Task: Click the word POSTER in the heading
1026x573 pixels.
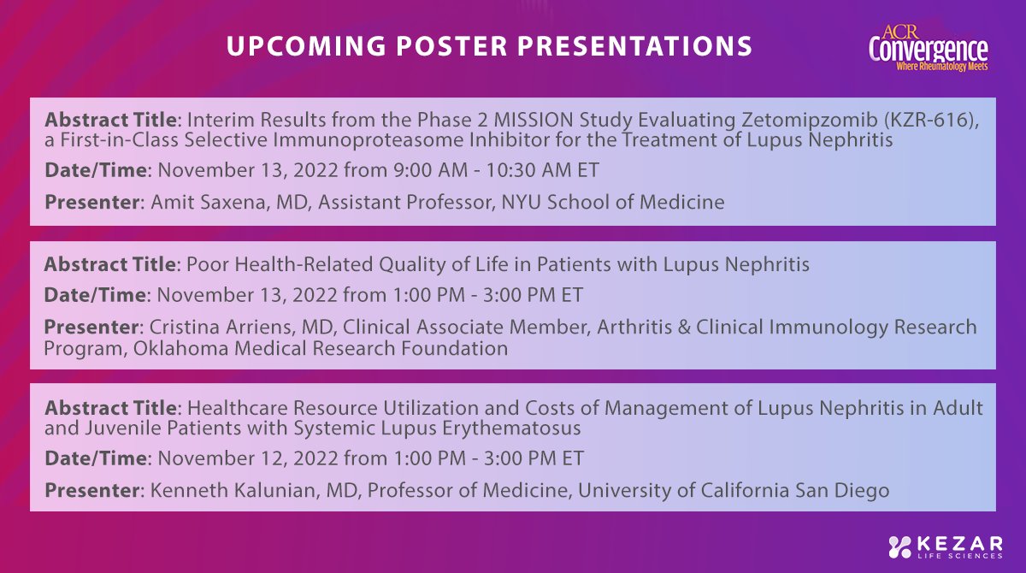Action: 451,46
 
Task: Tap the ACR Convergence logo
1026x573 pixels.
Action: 928,48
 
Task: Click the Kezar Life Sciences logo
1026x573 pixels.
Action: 945,546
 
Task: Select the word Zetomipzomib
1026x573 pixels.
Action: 810,120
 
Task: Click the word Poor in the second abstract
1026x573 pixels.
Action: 208,264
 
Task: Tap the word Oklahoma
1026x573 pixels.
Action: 181,349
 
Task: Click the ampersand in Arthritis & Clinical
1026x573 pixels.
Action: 684,327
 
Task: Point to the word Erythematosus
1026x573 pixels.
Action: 511,428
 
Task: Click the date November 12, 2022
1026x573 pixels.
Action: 248,458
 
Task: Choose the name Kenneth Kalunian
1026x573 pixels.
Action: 233,490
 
